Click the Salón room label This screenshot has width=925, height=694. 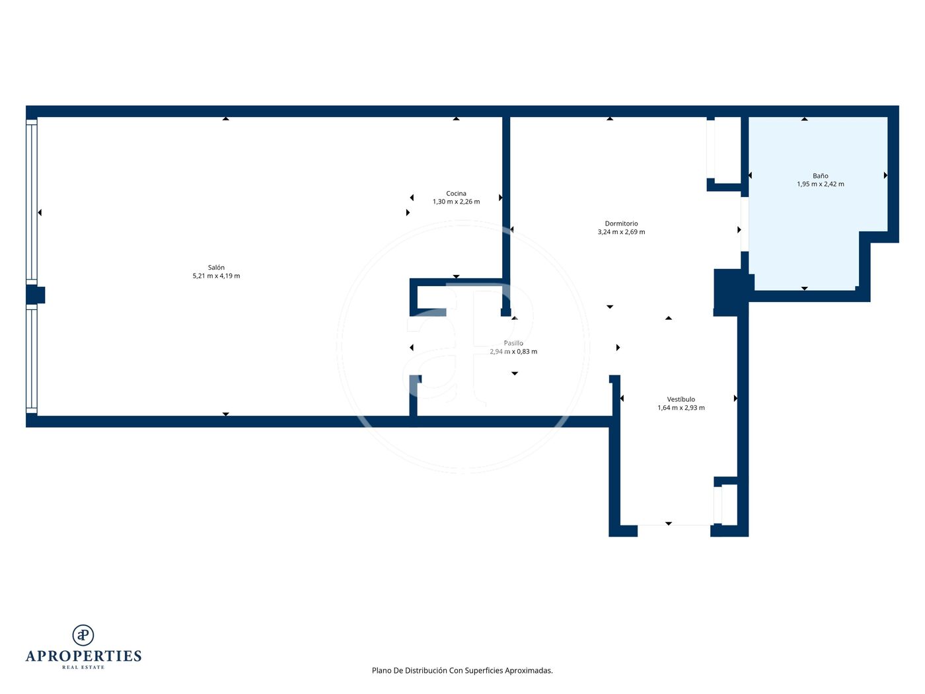click(216, 267)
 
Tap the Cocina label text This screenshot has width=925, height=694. click(456, 194)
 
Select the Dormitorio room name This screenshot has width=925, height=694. click(621, 223)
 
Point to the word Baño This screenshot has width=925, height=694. click(820, 176)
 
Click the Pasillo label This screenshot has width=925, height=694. click(513, 343)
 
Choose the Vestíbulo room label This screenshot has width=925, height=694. click(681, 399)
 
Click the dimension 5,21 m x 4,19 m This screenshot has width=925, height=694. click(216, 276)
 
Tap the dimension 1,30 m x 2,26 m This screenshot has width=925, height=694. click(456, 202)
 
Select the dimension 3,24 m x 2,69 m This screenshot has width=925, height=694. click(621, 232)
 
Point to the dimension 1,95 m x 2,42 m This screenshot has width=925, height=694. click(820, 184)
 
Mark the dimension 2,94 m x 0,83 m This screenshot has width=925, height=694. click(513, 352)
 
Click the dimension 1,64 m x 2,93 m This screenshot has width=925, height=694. click(681, 407)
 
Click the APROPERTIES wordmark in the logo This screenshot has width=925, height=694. click(83, 656)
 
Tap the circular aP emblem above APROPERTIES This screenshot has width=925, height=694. click(83, 635)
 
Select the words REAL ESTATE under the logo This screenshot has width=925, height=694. click(83, 667)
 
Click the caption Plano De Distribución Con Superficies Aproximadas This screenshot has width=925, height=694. click(462, 670)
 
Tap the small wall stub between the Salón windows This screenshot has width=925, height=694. click(36, 295)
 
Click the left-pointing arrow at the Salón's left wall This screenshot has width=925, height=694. click(40, 213)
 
